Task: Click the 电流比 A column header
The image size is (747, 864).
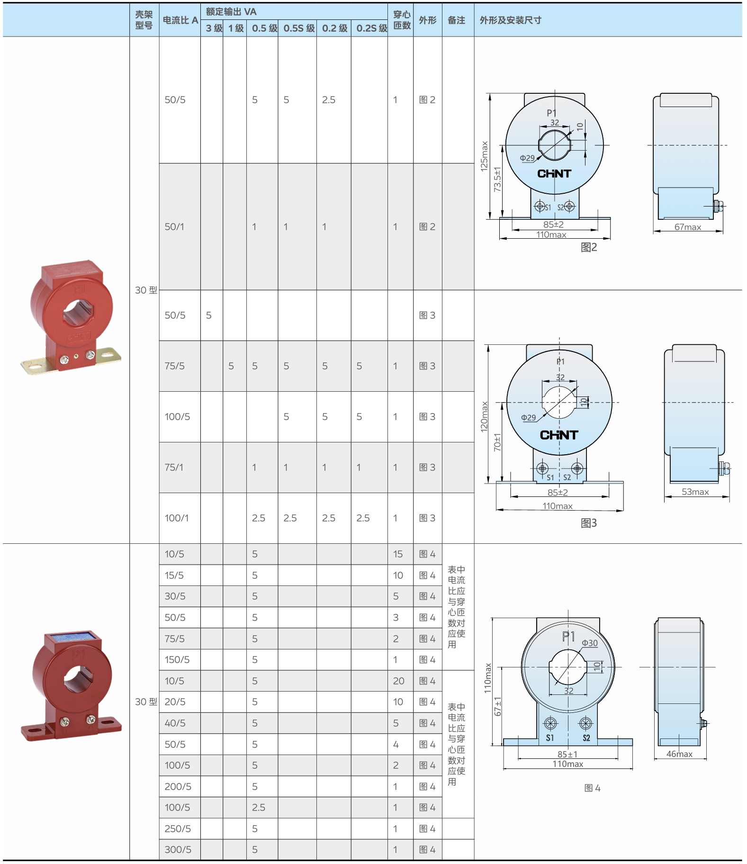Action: pyautogui.click(x=180, y=20)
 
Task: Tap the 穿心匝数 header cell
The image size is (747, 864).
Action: pyautogui.click(x=402, y=20)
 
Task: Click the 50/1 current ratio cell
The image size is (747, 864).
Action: pyautogui.click(x=174, y=226)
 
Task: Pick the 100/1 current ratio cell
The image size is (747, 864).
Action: pyautogui.click(x=176, y=518)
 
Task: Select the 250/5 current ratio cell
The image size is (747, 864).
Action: pyautogui.click(x=178, y=828)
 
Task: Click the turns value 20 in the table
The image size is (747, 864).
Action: pyautogui.click(x=398, y=681)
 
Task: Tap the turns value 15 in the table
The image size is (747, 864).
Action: pyautogui.click(x=397, y=554)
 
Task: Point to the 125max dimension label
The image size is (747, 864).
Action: pyautogui.click(x=484, y=156)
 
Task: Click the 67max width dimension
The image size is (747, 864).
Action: pyautogui.click(x=688, y=227)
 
